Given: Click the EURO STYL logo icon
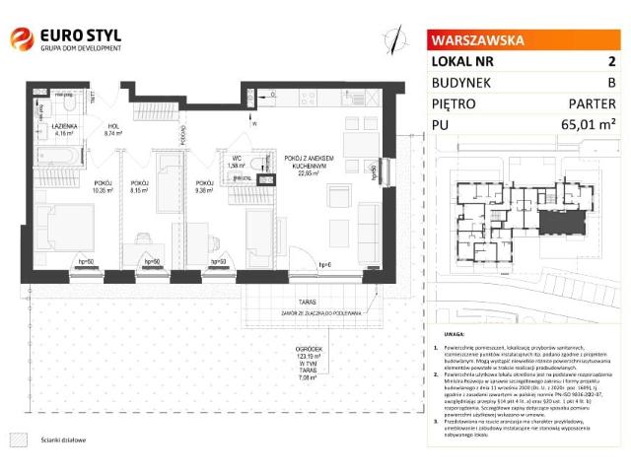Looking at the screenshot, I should click(21, 40).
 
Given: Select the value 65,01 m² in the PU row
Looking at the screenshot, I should click(588, 124).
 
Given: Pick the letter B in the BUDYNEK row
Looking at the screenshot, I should click(611, 82).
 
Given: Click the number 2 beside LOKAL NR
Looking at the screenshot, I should click(611, 61).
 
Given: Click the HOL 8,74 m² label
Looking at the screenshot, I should click(113, 130).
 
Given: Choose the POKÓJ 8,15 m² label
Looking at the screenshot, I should click(139, 186).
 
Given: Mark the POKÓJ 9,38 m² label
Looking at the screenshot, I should click(205, 186).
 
